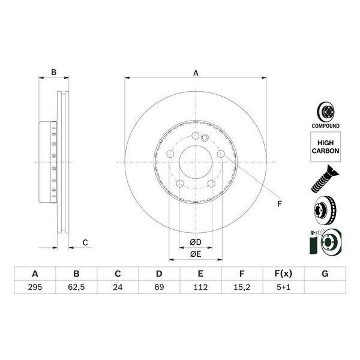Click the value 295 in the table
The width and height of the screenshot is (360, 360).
[x=35, y=287]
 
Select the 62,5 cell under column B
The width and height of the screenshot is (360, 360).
[x=76, y=287]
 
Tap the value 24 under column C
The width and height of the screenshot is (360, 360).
[x=118, y=287]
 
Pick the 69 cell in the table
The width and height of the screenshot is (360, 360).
[x=159, y=287]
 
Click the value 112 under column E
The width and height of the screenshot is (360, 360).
[x=200, y=287]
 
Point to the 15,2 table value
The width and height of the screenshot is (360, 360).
[x=242, y=287]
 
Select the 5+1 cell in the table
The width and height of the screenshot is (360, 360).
[x=283, y=287]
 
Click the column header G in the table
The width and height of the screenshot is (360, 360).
[x=325, y=274]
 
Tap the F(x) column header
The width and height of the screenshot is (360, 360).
[x=283, y=274]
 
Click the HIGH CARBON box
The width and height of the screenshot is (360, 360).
[x=325, y=146]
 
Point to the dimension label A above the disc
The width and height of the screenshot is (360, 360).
[x=196, y=73]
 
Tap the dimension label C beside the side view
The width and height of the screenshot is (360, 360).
[x=85, y=242]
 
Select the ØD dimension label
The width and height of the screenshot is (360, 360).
[x=196, y=242]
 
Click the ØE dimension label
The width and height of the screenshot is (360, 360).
[x=196, y=254]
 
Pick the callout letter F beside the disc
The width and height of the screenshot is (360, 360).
[x=279, y=205]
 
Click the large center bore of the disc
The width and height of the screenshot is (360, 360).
[x=196, y=162]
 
